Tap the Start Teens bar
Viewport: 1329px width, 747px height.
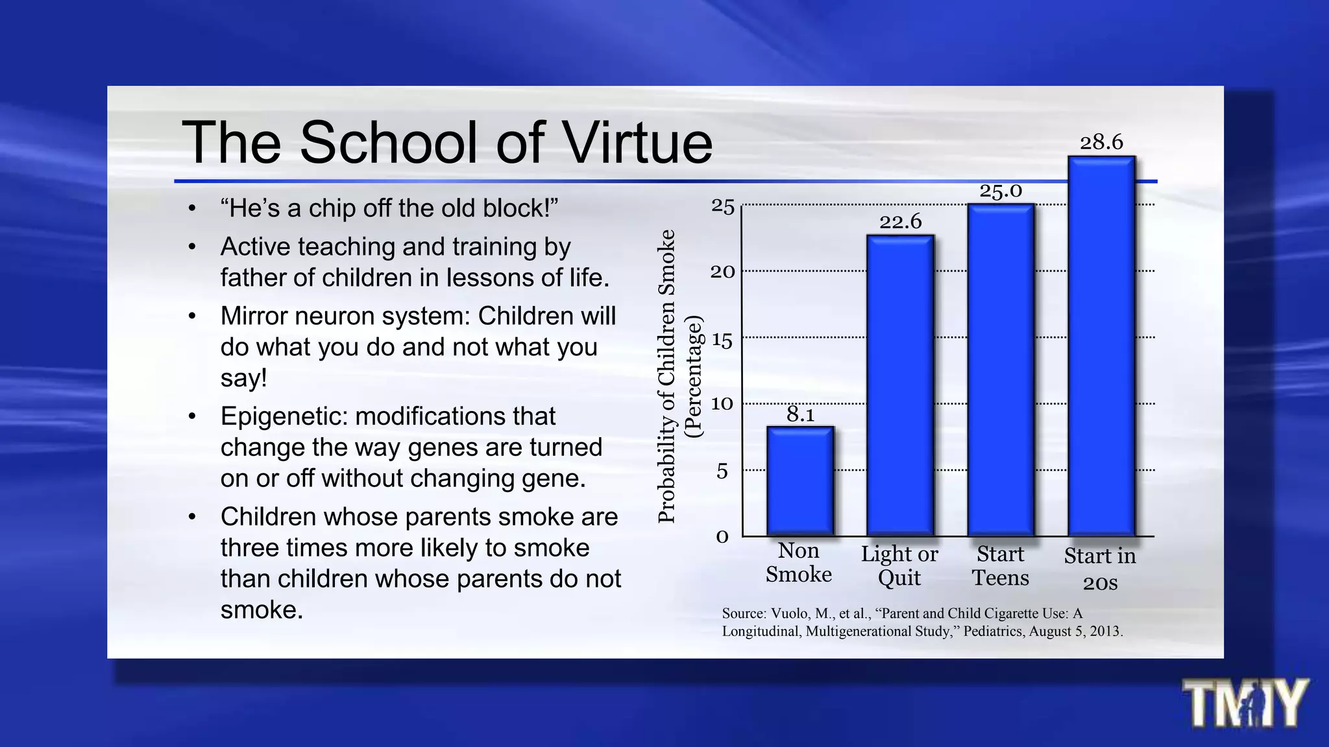[x=1001, y=370]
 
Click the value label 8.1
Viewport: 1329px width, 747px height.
[x=800, y=414]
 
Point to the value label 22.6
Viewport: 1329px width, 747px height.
[x=900, y=222]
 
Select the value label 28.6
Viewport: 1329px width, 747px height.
[x=1101, y=142]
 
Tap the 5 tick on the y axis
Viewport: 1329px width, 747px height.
[x=722, y=471]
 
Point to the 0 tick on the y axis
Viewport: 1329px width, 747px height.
[x=722, y=537]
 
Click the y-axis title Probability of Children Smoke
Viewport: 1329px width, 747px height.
[x=667, y=376]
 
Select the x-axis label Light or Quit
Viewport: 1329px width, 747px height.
[x=899, y=565]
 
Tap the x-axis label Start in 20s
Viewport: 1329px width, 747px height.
[x=1100, y=569]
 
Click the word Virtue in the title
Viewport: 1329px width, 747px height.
[x=637, y=143]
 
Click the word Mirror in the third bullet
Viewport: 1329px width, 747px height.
[x=255, y=316]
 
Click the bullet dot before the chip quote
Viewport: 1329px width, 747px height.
[x=192, y=209]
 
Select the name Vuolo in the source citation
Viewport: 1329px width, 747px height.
[x=791, y=613]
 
